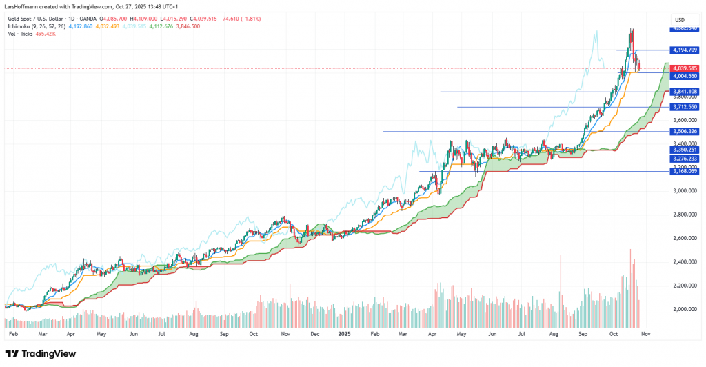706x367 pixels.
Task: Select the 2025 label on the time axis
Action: pos(345,333)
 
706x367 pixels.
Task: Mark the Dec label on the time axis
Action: pos(314,333)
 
